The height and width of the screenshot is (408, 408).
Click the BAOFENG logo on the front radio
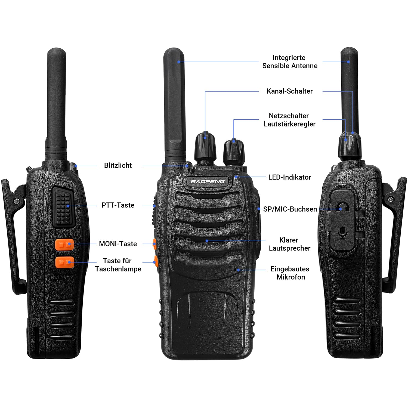[x=208, y=181]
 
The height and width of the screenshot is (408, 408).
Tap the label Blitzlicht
[x=118, y=165]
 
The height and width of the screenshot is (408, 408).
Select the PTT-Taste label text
[x=118, y=205]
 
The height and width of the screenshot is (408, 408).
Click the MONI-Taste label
[x=118, y=244]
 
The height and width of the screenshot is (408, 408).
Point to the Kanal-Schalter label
[x=290, y=91]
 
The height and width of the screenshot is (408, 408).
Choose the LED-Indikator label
[x=290, y=177]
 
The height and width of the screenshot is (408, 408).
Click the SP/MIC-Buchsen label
[x=290, y=209]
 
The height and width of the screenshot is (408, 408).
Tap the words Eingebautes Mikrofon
[x=290, y=273]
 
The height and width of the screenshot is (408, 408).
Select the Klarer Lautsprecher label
[x=289, y=244]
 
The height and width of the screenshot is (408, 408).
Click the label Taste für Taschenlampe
[x=118, y=265]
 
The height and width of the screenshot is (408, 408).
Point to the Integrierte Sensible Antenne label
[x=290, y=62]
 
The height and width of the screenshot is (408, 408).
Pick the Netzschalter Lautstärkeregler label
[x=289, y=120]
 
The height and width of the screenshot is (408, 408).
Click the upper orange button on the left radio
[x=64, y=245]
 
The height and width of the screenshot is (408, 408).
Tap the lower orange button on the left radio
[x=64, y=262]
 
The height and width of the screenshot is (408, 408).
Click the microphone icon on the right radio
[x=343, y=233]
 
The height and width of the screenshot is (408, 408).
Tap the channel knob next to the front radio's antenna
[x=205, y=147]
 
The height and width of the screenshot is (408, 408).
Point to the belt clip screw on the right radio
[x=391, y=199]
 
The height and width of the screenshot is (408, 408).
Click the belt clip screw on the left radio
[x=17, y=201]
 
